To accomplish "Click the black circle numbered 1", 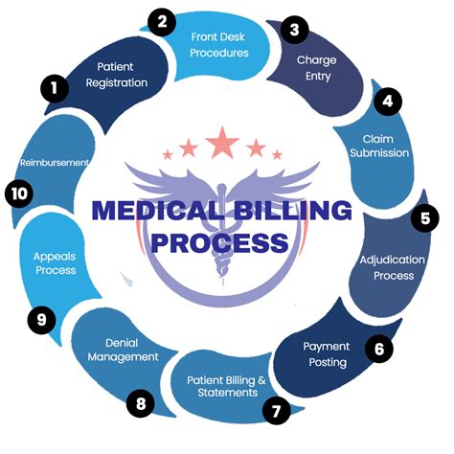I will click(x=55, y=89).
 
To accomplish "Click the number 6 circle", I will click(x=379, y=349).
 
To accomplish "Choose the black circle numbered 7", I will click(x=276, y=413).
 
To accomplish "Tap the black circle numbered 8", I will click(x=142, y=403).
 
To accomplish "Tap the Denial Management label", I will click(x=131, y=350).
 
